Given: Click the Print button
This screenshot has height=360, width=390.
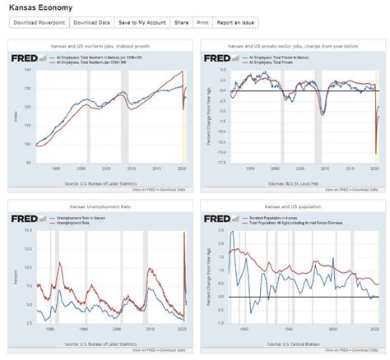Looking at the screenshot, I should tap(202, 23).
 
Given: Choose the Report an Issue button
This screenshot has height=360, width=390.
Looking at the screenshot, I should tap(237, 23).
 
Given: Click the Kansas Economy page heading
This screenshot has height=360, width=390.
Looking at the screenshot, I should tap(38, 7).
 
